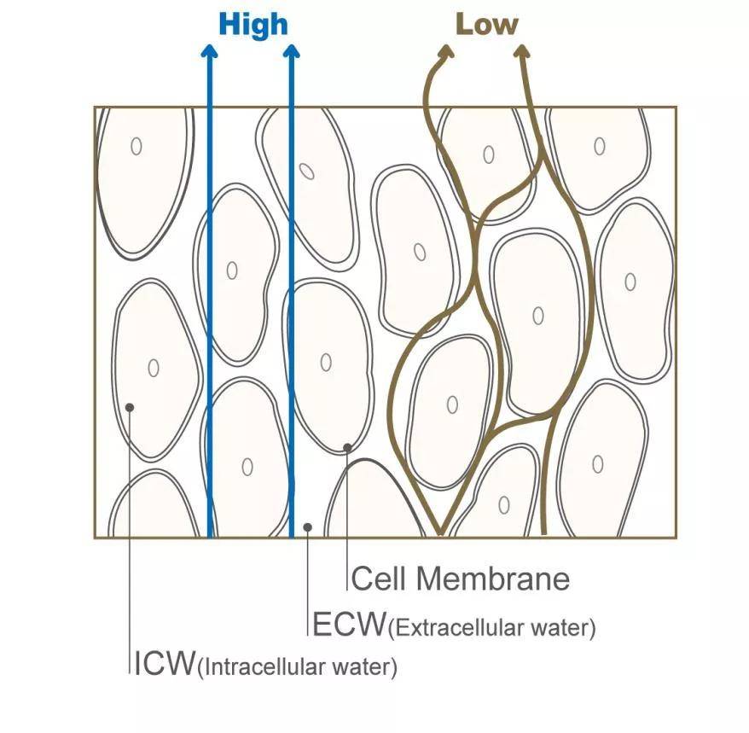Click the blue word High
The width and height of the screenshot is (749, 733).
click(253, 24)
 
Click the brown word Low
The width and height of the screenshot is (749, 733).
click(486, 24)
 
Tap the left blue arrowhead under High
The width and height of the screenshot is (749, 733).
click(209, 51)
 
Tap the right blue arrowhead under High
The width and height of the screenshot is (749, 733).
click(292, 51)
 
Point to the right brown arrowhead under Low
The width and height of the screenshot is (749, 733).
click(522, 51)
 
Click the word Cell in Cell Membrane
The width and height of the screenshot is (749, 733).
click(380, 579)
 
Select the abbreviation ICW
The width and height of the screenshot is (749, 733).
click(164, 663)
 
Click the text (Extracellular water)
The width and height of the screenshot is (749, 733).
click(491, 629)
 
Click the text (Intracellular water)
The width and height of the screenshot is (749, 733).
click(297, 666)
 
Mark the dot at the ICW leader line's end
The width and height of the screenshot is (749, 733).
click(130, 407)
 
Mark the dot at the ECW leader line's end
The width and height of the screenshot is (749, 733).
click(307, 527)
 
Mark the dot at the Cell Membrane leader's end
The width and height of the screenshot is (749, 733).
click(347, 446)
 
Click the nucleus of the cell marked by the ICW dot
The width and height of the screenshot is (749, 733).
click(154, 368)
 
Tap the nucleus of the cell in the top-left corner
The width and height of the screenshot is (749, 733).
click(136, 146)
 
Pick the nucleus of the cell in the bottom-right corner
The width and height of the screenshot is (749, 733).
click(598, 464)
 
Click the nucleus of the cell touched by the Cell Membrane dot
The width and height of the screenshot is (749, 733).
click(326, 362)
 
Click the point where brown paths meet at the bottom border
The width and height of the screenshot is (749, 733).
click(440, 535)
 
